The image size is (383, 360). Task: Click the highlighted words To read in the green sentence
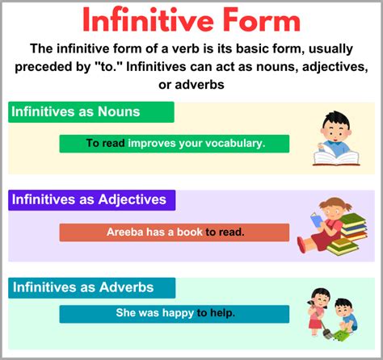[x=106, y=144]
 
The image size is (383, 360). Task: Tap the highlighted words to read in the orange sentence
[x=224, y=232]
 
